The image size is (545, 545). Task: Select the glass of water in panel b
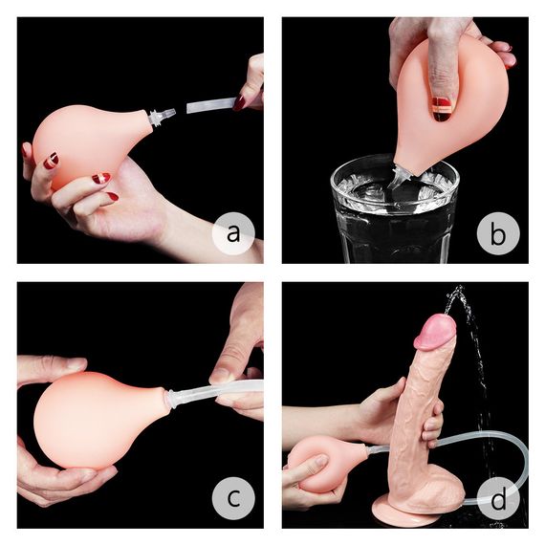[x=393, y=215]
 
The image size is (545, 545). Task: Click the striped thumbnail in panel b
[x=441, y=106]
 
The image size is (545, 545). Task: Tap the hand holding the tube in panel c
[x=239, y=363]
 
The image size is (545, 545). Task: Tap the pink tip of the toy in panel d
[x=436, y=330]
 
